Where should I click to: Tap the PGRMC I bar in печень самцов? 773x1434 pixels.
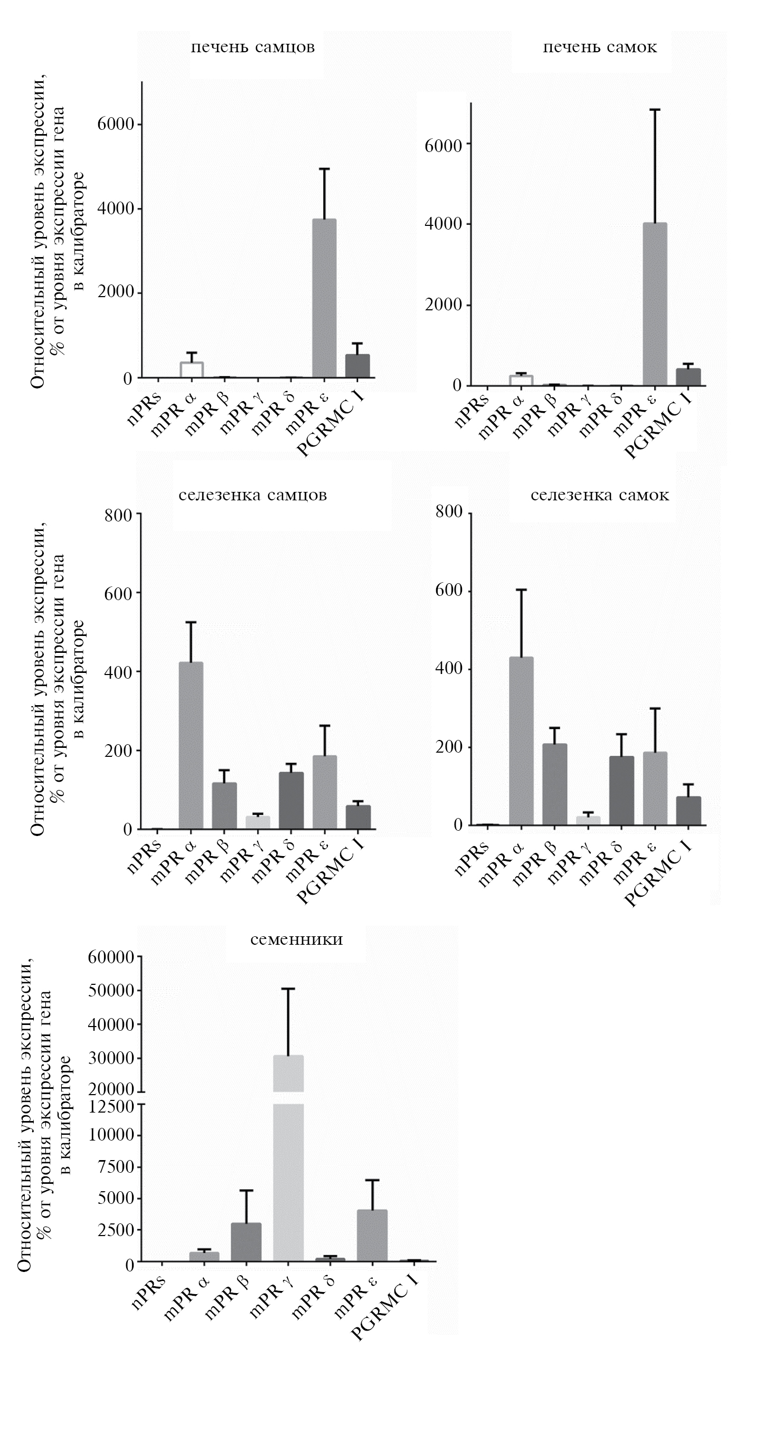(357, 366)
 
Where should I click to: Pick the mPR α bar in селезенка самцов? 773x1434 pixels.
(191, 745)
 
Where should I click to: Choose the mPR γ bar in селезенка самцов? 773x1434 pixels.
(258, 822)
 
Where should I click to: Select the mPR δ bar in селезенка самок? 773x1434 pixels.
(621, 790)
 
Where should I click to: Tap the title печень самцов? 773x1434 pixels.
(253, 48)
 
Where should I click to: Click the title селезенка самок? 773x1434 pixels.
(600, 495)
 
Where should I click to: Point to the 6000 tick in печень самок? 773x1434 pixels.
(444, 145)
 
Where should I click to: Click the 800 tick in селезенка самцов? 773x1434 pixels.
(118, 515)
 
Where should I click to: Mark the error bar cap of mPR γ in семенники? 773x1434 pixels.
(288, 989)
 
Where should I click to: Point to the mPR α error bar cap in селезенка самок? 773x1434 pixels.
(521, 590)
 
